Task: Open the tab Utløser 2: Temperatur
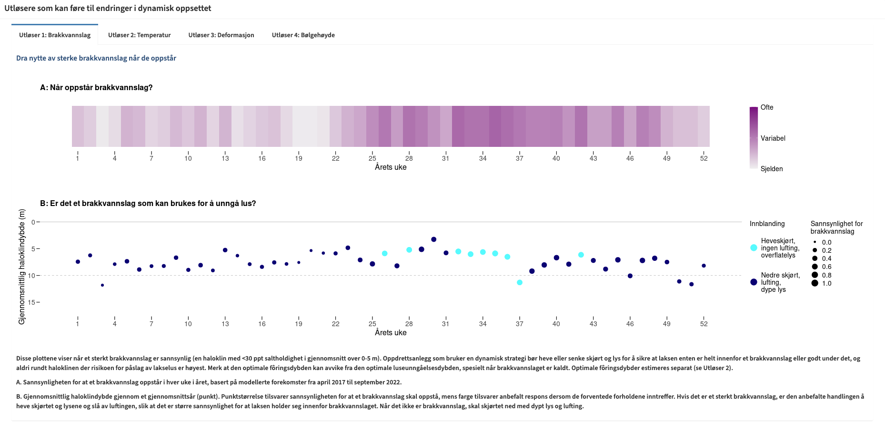(139, 35)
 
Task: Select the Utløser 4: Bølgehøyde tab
(303, 35)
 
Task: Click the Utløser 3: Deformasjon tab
(221, 35)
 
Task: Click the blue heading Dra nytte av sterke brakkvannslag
(96, 58)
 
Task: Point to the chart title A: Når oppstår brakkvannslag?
(96, 88)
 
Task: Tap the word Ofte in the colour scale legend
(767, 108)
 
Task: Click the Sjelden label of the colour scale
(772, 169)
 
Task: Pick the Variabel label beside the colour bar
(773, 138)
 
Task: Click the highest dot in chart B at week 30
(433, 239)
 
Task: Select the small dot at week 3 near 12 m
(102, 285)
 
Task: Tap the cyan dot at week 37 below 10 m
(520, 282)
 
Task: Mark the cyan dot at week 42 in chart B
(581, 255)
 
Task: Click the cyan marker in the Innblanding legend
(754, 248)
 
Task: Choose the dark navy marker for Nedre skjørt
(754, 282)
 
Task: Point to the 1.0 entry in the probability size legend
(826, 284)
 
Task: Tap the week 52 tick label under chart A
(704, 159)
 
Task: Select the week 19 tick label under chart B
(299, 324)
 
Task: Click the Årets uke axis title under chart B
(391, 333)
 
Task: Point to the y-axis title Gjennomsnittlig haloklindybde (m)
(22, 267)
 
